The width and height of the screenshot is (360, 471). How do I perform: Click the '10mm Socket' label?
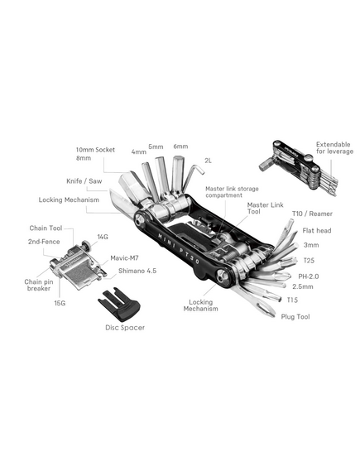click(x=95, y=150)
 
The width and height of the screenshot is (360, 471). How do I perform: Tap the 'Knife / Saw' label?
click(x=84, y=181)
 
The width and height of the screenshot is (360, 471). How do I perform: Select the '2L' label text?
click(x=208, y=161)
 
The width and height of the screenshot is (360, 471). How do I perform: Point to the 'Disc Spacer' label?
click(x=125, y=328)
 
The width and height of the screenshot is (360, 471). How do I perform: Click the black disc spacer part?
click(x=120, y=305)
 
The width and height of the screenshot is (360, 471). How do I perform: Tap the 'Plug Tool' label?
click(x=295, y=316)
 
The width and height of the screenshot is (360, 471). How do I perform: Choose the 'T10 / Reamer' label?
click(x=312, y=214)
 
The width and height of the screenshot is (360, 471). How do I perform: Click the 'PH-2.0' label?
click(x=309, y=276)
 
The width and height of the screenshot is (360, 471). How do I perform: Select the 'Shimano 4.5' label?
click(x=137, y=271)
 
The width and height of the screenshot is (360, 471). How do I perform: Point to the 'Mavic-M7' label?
click(x=124, y=258)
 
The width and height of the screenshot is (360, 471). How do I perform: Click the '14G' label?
click(x=103, y=237)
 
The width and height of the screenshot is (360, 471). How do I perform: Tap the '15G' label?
click(x=60, y=303)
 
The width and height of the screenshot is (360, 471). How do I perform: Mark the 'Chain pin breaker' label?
click(x=39, y=285)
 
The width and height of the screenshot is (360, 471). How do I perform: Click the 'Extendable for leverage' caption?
click(x=334, y=148)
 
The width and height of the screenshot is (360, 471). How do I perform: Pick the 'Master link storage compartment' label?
click(x=232, y=192)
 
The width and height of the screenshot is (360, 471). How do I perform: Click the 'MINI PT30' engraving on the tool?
click(x=179, y=248)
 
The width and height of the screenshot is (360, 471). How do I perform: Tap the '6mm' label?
click(x=180, y=147)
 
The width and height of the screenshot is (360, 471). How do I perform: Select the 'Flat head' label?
click(x=317, y=230)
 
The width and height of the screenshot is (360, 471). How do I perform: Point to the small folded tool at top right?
click(x=299, y=165)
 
